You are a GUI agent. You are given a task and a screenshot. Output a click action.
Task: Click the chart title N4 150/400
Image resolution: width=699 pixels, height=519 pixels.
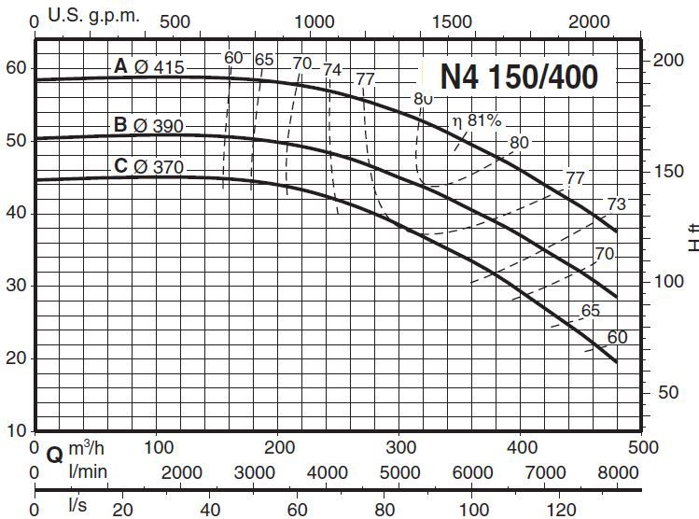click(x=518, y=77)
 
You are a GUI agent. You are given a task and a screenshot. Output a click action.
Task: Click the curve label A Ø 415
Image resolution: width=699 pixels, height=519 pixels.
click(x=149, y=66)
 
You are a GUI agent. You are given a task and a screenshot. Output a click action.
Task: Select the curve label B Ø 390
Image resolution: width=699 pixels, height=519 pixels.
click(x=149, y=126)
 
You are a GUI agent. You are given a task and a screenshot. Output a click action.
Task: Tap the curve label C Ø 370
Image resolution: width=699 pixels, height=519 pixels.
click(x=149, y=167)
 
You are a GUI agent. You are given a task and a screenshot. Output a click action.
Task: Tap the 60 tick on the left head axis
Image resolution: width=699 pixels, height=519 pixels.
click(x=16, y=67)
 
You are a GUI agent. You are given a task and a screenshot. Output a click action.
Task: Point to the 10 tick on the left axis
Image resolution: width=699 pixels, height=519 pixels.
click(x=16, y=431)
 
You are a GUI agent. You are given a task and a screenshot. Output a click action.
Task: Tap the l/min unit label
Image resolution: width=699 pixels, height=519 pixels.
click(x=89, y=471)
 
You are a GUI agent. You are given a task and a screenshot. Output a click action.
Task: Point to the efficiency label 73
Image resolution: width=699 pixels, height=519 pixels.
click(x=616, y=205)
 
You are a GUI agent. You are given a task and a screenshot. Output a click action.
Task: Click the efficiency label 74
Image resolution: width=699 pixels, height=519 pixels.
click(x=332, y=69)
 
